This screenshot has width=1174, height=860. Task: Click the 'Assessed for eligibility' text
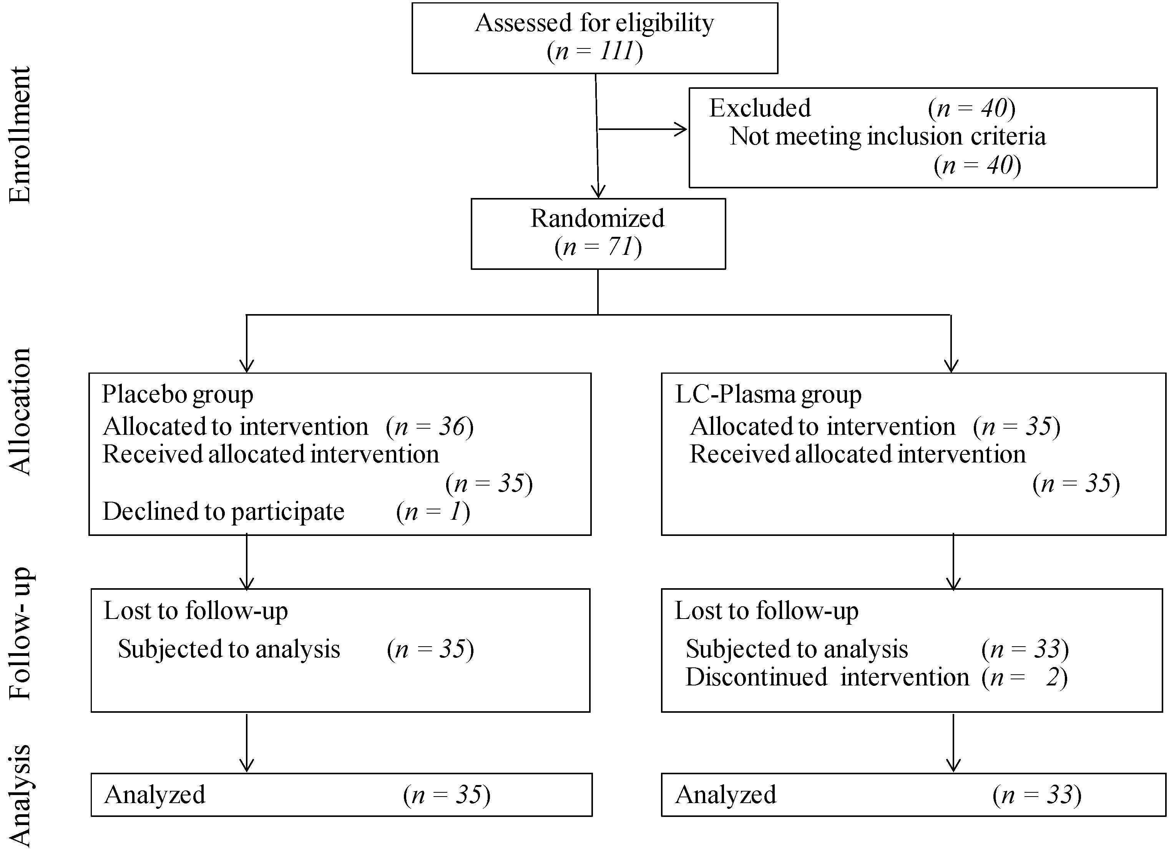(x=594, y=23)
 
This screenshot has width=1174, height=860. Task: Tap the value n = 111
(x=594, y=52)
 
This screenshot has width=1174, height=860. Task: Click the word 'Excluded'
(x=760, y=108)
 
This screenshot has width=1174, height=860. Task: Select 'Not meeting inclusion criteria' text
(x=887, y=136)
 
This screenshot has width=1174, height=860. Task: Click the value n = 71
(x=598, y=247)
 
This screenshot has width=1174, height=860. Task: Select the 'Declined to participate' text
(x=223, y=512)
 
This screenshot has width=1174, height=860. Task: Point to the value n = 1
(x=433, y=512)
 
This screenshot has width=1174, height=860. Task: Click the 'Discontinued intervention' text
(x=827, y=677)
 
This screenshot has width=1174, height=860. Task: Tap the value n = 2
(x=1024, y=677)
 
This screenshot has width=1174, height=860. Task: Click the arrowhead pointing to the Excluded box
(x=682, y=129)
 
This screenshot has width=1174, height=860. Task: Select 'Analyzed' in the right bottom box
(x=726, y=795)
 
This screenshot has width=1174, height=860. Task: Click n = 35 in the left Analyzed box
(x=447, y=795)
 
